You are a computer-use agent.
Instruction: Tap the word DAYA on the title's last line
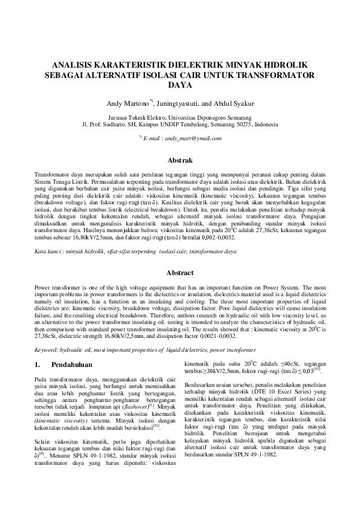(x=180, y=85)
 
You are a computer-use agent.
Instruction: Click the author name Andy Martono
(x=128, y=103)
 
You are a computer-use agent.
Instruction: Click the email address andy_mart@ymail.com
(x=191, y=138)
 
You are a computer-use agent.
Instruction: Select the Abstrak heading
(x=180, y=161)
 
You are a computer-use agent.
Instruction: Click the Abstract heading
(x=180, y=273)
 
